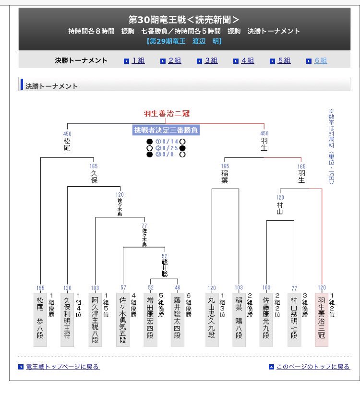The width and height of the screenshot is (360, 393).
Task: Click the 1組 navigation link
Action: pos(138,60)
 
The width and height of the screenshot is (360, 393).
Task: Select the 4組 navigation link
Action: pos(247,60)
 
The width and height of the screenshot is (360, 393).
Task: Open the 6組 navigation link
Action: pos(320,60)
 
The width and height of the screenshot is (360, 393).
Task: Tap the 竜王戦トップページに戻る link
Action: pos(62,367)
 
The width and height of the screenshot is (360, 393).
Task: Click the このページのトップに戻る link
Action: pos(312,367)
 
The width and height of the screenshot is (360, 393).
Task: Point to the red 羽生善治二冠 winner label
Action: pos(167,114)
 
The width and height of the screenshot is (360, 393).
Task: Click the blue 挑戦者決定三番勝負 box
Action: pos(166,130)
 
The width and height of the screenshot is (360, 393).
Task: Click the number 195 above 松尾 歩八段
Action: pos(40,288)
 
